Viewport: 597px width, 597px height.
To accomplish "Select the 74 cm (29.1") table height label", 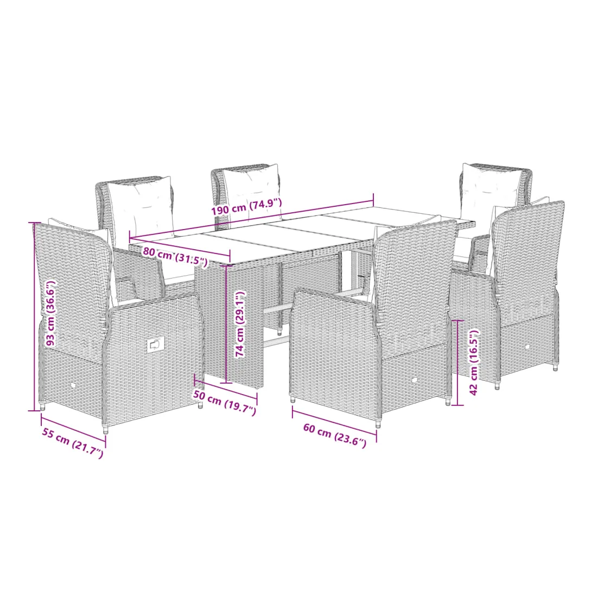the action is coord(240,324).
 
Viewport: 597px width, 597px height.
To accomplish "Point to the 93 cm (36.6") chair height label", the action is coord(50,313).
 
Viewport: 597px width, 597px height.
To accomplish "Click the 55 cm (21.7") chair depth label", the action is coord(72,442).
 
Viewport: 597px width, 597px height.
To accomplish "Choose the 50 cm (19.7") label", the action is coord(225,403).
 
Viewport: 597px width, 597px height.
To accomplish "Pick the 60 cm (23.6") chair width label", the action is coord(335,435).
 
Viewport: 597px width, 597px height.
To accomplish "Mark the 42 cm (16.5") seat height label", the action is coord(473,362).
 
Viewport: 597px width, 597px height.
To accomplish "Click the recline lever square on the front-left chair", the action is coord(155,345).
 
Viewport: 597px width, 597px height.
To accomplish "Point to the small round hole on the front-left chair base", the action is coord(73,386).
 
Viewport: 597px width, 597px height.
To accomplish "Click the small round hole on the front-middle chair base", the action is coord(415,380).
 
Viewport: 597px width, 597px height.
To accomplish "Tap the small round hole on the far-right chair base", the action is coord(528,346).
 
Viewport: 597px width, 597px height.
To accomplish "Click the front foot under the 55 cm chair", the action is coord(105,429).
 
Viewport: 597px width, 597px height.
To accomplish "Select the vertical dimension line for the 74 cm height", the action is coord(226,324).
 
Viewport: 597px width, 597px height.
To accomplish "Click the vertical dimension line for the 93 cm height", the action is coord(34,316).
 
